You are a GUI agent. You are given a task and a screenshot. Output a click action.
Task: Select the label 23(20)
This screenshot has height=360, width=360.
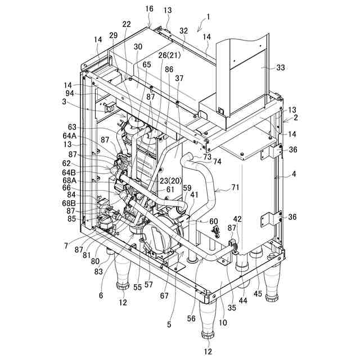click(x=171, y=181)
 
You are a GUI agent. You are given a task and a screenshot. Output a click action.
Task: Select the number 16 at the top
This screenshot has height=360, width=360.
click(x=149, y=10)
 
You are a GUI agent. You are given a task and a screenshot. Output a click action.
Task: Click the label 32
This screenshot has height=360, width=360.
click(x=184, y=31)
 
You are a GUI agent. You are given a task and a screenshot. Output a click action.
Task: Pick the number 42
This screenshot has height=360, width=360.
click(x=238, y=219)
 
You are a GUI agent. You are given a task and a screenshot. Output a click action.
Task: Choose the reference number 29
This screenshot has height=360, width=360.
click(x=114, y=35)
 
